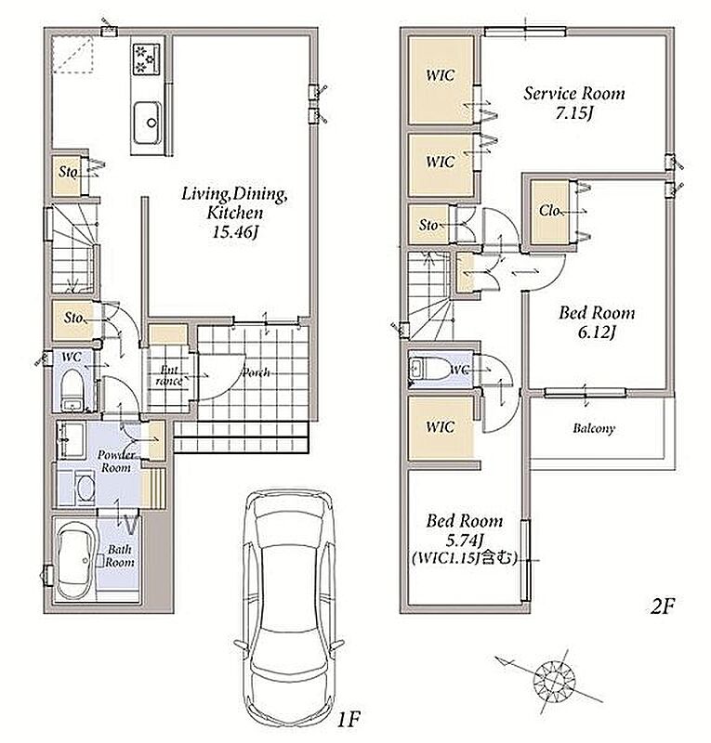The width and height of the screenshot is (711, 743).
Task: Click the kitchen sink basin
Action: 147,123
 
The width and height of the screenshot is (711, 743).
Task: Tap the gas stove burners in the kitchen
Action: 147,59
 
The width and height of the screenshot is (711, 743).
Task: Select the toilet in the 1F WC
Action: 72,390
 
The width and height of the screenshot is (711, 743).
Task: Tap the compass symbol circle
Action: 554,683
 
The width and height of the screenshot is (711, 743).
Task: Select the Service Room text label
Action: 574,94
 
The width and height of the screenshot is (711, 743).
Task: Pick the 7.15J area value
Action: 574,113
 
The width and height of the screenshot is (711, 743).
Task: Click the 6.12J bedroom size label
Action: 596,332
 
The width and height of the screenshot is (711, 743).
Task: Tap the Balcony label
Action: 594,428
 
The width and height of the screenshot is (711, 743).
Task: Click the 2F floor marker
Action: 662,606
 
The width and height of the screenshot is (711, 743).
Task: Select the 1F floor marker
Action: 349,721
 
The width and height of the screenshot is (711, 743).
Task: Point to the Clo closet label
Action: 548,211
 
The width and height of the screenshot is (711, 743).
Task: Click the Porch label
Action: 257,372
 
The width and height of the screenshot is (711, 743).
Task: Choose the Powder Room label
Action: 117,461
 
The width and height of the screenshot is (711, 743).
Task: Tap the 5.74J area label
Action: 465,540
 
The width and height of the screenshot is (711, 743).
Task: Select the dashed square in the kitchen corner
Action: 72,56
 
